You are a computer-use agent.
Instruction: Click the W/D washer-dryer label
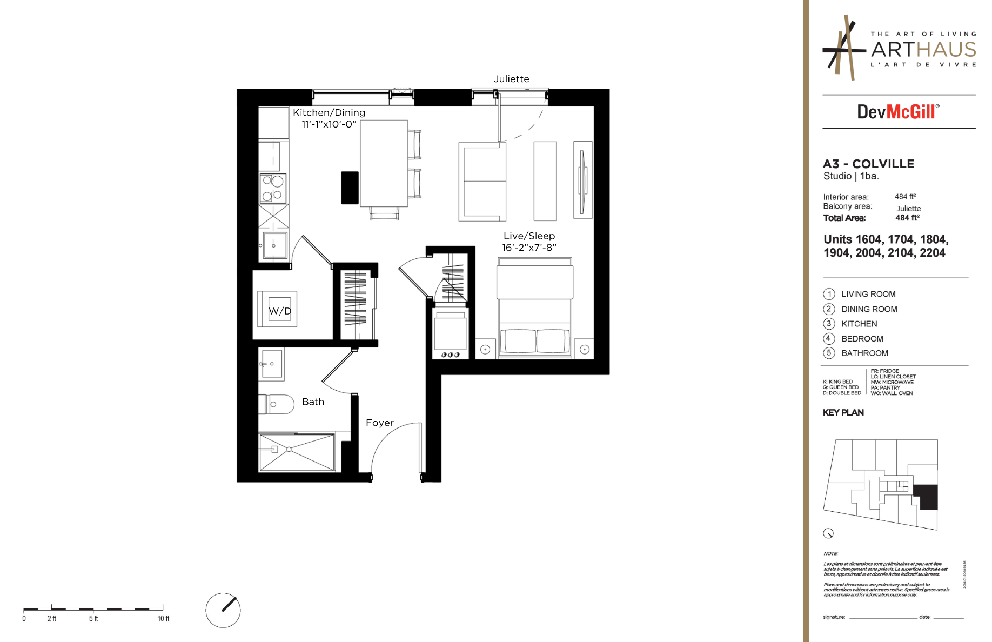(280, 311)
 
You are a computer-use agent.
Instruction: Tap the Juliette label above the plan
(511, 79)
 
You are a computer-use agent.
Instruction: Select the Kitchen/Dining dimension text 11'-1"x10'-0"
(329, 124)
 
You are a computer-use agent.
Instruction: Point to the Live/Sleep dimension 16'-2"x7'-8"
(528, 248)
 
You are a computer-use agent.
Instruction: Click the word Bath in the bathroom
(313, 402)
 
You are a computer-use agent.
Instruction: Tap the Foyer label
(379, 423)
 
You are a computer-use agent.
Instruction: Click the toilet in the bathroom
(278, 404)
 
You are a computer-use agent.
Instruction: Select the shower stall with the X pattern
(297, 451)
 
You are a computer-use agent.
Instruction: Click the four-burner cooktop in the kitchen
(273, 188)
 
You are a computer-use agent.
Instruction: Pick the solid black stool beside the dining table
(350, 188)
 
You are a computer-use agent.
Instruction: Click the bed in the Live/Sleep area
(534, 308)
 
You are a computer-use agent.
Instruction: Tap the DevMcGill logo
(898, 112)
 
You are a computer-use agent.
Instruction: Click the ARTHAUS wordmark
(923, 50)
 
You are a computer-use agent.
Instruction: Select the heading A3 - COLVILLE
(868, 164)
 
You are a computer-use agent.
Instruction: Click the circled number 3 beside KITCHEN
(828, 324)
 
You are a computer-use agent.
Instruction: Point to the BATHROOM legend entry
(864, 353)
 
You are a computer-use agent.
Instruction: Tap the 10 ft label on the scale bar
(163, 619)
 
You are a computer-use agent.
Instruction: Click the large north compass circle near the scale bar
(223, 610)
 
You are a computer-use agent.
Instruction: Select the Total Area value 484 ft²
(907, 218)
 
